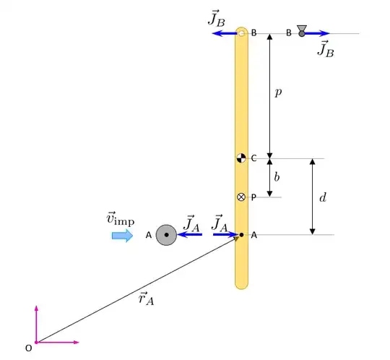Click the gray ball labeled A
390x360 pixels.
166,235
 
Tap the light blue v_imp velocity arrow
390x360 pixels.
122,236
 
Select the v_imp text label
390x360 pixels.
120,218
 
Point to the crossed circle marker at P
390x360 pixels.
242,197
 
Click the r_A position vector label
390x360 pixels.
146,298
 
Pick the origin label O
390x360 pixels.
29,348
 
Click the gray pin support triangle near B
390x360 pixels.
302,30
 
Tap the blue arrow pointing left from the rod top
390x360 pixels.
225,33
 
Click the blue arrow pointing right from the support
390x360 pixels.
318,33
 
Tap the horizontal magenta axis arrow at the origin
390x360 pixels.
58,342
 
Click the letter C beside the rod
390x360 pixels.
253,158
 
